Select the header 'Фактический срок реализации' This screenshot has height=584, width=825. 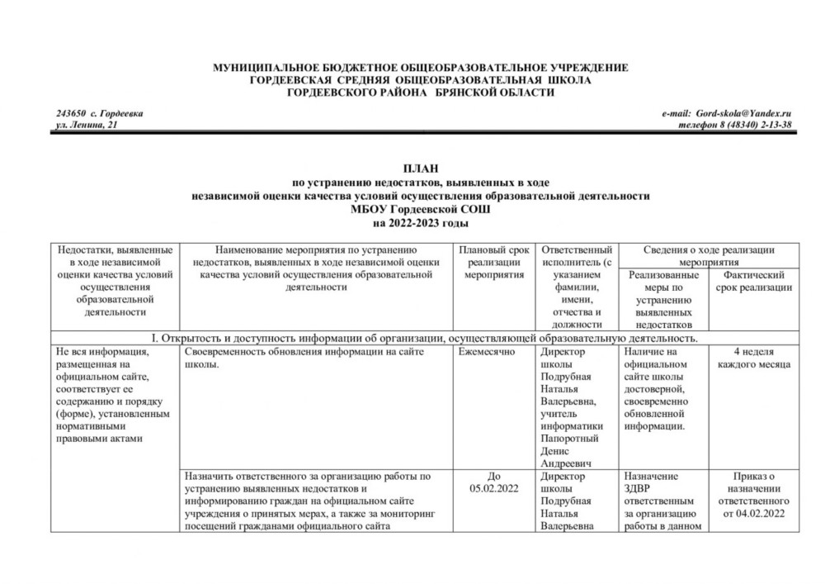752,281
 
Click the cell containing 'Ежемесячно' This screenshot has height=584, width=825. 487,353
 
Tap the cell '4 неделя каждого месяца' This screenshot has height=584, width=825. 752,358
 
